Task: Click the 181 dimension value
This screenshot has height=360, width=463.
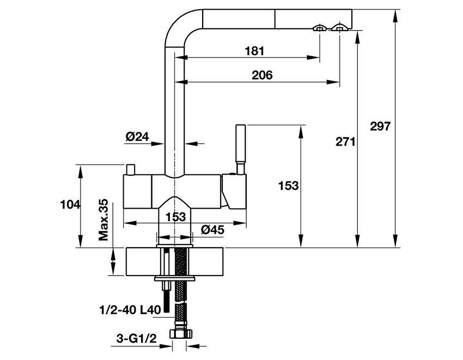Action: click(254, 51)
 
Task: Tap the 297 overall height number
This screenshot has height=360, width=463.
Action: click(380, 126)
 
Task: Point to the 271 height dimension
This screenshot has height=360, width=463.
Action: click(345, 142)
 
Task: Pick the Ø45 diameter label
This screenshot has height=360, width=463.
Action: click(212, 230)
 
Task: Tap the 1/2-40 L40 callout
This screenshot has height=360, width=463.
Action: click(130, 310)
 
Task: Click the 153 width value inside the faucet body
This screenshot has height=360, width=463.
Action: click(175, 216)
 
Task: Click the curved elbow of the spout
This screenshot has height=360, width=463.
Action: click(177, 25)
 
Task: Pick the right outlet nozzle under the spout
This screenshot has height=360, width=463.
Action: click(340, 27)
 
